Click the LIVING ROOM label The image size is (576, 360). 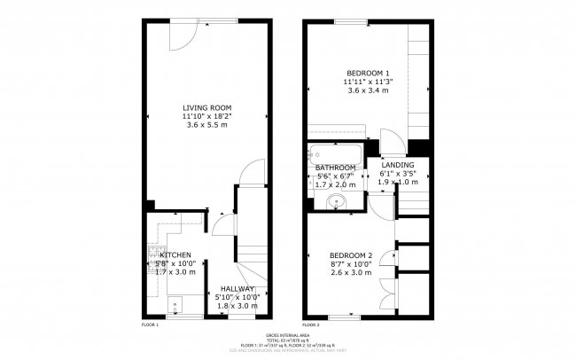[x=206, y=106]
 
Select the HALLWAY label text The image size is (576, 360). [x=237, y=288]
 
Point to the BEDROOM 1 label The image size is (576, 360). [x=368, y=72]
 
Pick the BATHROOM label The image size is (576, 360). [x=335, y=168]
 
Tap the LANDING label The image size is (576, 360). [x=397, y=165]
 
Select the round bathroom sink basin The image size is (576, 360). [x=337, y=201]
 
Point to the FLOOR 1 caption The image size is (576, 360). [x=150, y=325]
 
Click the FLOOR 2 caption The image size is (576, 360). [x=311, y=325]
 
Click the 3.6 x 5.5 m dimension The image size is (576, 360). [x=206, y=125]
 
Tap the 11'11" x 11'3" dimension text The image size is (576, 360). [x=368, y=82]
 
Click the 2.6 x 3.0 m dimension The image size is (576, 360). [x=350, y=273]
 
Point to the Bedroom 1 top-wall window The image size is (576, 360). [x=351, y=21]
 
